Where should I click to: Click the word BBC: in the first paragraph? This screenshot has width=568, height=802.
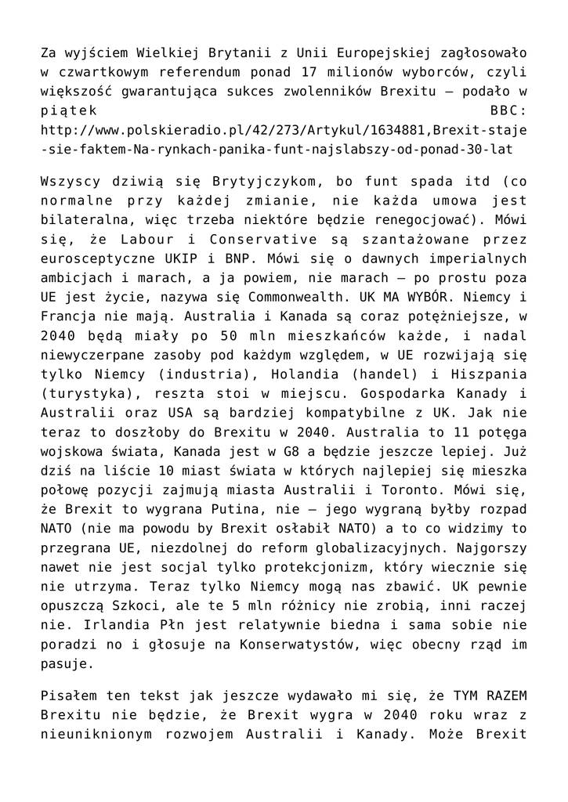point(509,110)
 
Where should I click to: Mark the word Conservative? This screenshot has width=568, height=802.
point(273,240)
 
